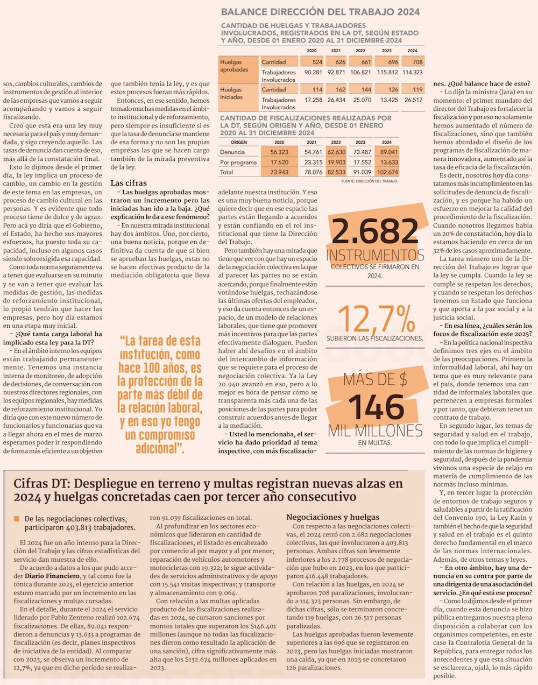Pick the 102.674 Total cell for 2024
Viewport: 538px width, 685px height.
(x=388, y=172)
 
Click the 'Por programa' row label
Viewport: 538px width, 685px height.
(x=238, y=163)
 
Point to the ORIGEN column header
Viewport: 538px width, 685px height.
(x=238, y=143)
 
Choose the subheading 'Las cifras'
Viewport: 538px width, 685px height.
(x=129, y=183)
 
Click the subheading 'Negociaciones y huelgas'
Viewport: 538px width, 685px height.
(x=332, y=517)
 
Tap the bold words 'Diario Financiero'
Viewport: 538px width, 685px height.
(x=52, y=576)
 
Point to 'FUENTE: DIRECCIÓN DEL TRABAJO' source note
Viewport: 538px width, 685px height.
(x=370, y=181)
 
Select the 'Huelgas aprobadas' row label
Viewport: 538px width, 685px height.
(x=234, y=66)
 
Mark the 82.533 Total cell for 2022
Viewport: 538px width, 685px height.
(x=336, y=172)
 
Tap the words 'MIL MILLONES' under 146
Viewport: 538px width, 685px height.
(x=375, y=430)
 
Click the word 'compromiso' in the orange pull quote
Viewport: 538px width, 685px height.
(x=160, y=435)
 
